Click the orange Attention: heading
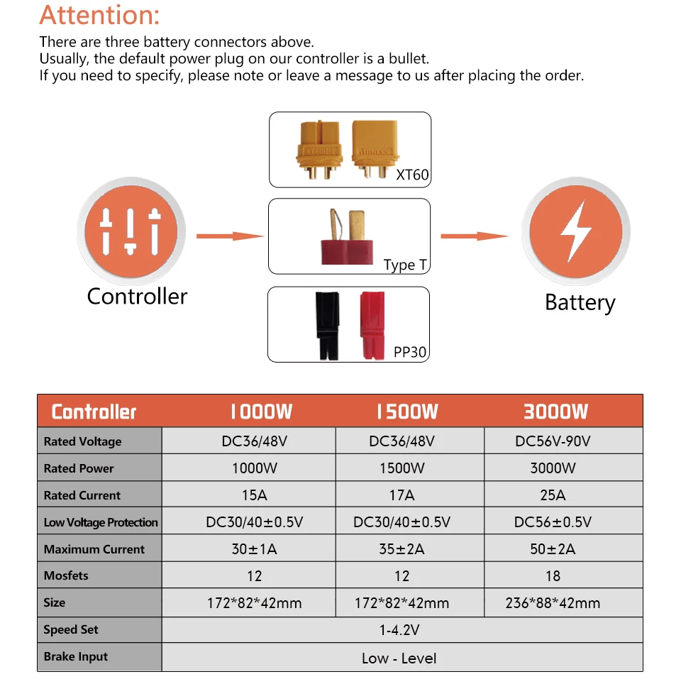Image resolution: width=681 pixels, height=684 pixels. pos(99,16)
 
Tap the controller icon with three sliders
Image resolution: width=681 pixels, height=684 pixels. pos(131,231)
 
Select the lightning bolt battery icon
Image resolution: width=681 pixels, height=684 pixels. pos(576,231)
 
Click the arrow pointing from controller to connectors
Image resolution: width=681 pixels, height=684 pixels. pos(230,236)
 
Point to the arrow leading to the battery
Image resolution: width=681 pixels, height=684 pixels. pos(475,236)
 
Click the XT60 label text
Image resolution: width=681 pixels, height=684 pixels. pos(412,175)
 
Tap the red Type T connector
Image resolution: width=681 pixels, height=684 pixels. pos(348,237)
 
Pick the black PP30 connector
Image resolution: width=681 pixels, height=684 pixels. pos(328,326)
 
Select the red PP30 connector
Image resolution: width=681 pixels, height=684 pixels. pos(372,326)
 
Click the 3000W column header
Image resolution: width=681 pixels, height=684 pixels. pos(555,412)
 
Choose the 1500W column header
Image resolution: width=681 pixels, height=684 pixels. pos(407,412)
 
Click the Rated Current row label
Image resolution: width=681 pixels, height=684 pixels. pos(82,495)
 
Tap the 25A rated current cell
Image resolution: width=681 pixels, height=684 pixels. pos(553,495)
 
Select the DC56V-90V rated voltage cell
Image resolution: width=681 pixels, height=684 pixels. pos(553,441)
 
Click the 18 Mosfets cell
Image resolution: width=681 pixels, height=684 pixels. pos(553,576)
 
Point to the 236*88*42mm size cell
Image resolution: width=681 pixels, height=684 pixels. pos(553,603)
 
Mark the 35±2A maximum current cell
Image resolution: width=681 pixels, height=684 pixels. pos(402,548)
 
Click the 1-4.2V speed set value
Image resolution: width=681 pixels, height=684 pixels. pos(399,630)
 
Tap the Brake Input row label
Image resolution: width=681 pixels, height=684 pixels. pos(75,656)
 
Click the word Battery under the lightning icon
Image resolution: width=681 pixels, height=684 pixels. pos(580,303)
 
